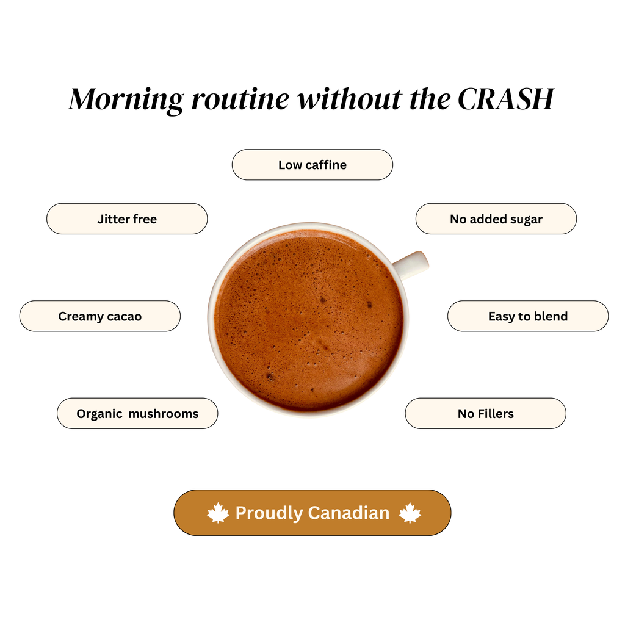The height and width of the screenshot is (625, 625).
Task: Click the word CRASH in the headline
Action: (506, 98)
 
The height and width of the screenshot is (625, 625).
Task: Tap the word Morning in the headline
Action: (126, 99)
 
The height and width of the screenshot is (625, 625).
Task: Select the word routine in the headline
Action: (240, 99)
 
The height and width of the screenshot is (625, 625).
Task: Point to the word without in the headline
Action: (350, 98)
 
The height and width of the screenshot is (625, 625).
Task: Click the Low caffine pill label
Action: (312, 165)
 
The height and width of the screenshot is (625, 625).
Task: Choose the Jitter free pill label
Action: (127, 219)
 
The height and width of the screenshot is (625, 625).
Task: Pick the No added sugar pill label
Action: (496, 219)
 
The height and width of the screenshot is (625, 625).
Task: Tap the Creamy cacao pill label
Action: (100, 316)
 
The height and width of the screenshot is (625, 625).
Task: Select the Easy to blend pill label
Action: (528, 316)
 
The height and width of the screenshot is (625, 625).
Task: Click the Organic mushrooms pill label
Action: (137, 413)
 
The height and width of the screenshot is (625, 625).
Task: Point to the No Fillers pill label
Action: (486, 413)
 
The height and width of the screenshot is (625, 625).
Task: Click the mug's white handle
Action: (411, 265)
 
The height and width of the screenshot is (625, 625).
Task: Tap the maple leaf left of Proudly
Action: (218, 513)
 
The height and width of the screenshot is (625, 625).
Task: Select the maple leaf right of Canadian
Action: (410, 513)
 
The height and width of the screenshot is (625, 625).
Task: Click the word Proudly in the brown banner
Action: (269, 513)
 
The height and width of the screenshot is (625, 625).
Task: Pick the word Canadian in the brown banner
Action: (349, 513)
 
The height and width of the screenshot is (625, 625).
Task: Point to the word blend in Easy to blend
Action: (551, 316)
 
